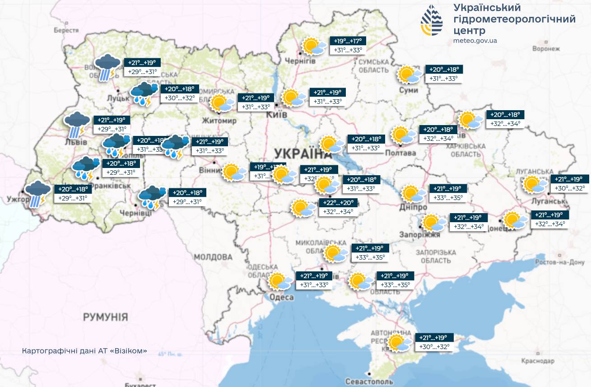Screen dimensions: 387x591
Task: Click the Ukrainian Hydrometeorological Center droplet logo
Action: pyautogui.click(x=432, y=21)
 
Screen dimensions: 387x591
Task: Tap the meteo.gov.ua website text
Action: pyautogui.click(x=475, y=41)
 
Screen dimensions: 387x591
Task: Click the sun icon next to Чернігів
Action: pyautogui.click(x=313, y=46)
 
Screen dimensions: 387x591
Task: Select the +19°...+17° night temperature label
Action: pyautogui.click(x=348, y=41)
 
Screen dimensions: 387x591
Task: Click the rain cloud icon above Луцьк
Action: pyautogui.click(x=107, y=67)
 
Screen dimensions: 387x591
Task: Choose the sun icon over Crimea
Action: pyautogui.click(x=399, y=343)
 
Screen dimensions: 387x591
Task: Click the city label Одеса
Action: pyautogui.click(x=282, y=297)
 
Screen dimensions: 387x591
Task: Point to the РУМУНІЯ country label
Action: pyautogui.click(x=105, y=317)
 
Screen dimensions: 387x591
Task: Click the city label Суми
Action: pyautogui.click(x=408, y=90)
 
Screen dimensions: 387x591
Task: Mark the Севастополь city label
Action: pyautogui.click(x=368, y=381)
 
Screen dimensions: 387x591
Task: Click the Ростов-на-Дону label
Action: pyautogui.click(x=560, y=262)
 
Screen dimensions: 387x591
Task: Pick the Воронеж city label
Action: pyautogui.click(x=546, y=49)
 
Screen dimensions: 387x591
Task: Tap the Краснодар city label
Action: pyautogui.click(x=537, y=361)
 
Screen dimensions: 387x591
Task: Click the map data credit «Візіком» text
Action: pyautogui.click(x=84, y=351)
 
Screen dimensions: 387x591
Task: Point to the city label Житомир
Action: pyautogui.click(x=219, y=121)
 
